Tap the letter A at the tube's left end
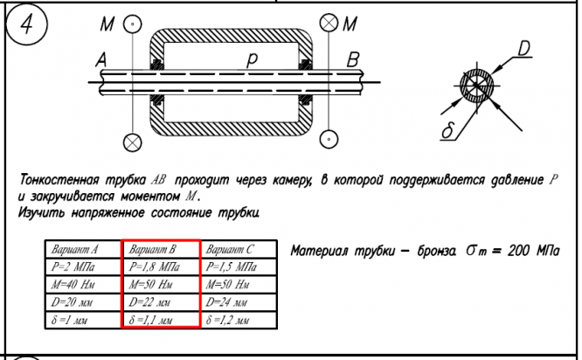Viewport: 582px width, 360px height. [x=101, y=60]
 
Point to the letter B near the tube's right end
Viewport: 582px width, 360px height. [x=354, y=59]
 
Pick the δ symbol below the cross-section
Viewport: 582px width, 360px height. [x=445, y=131]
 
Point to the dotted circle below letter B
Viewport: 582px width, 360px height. [x=329, y=139]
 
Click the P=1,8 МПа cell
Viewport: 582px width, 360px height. [x=161, y=267]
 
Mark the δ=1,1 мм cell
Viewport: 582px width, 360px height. [x=161, y=320]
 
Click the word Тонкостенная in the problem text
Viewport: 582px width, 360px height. [x=58, y=181]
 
